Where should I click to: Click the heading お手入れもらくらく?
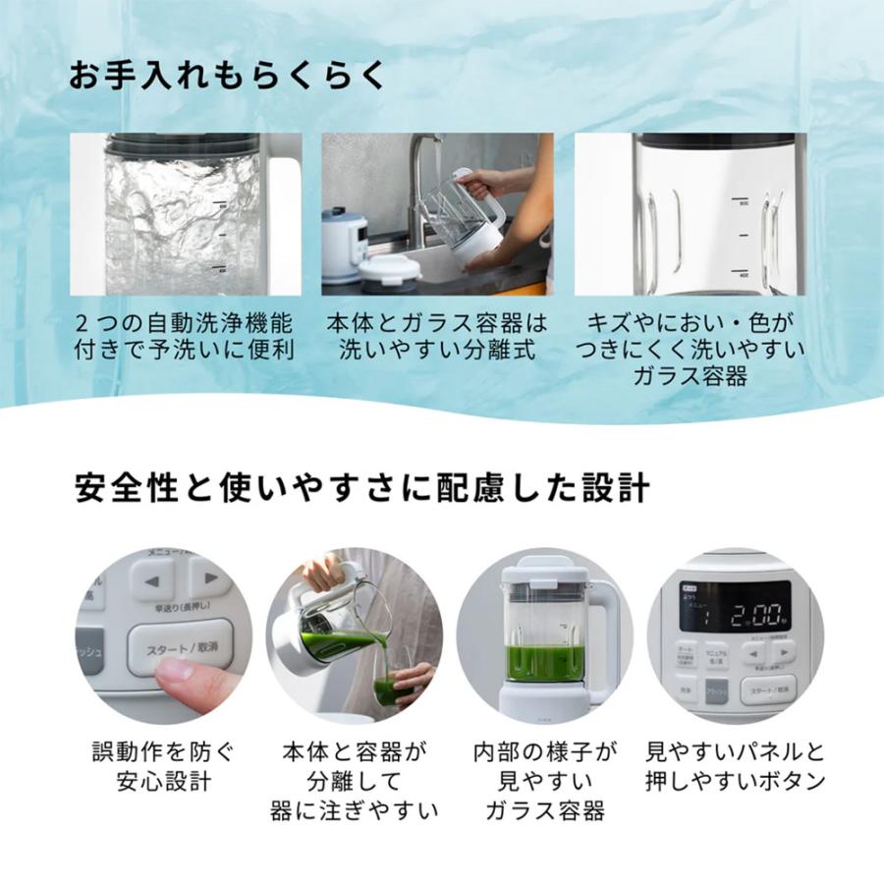[227, 76]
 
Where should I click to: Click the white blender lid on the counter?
[390, 269]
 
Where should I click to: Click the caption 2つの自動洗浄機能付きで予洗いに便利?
[185, 336]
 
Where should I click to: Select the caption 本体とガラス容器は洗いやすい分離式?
[437, 336]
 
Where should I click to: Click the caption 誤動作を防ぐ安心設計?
[162, 768]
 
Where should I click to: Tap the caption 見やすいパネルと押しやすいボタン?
[735, 768]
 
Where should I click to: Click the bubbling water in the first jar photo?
[182, 216]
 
